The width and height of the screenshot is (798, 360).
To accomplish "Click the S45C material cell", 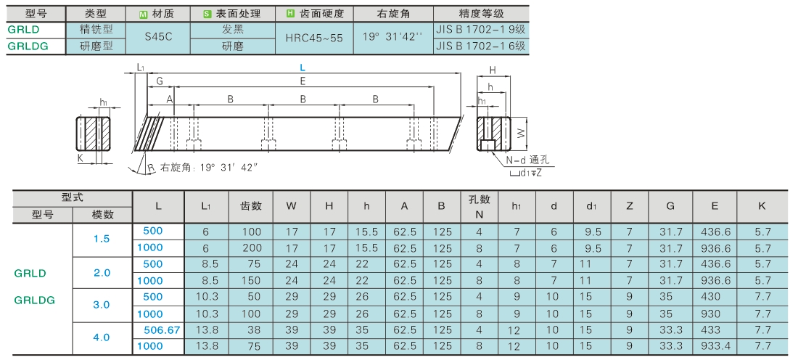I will pyautogui.click(x=158, y=37).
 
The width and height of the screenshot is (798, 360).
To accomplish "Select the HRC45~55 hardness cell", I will pyautogui.click(x=315, y=37).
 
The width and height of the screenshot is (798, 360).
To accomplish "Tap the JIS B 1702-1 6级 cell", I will pyautogui.click(x=480, y=46).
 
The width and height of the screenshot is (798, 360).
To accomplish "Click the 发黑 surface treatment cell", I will pyautogui.click(x=233, y=30).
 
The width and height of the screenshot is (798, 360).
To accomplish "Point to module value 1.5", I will pyautogui.click(x=102, y=239).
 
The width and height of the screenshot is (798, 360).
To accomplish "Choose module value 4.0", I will pyautogui.click(x=102, y=337).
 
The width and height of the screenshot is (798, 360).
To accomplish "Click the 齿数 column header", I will pyautogui.click(x=251, y=206).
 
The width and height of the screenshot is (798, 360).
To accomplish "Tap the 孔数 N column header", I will pyautogui.click(x=479, y=206).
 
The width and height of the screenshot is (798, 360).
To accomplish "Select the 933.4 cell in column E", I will pyautogui.click(x=715, y=346).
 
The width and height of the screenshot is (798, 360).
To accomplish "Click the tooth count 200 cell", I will pyautogui.click(x=251, y=247).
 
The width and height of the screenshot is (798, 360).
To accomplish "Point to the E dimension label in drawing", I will pyautogui.click(x=303, y=81).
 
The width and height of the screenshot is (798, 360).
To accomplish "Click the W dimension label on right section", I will pyautogui.click(x=520, y=133).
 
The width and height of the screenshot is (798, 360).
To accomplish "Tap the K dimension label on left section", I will pyautogui.click(x=81, y=157).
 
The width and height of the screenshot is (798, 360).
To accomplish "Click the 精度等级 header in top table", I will pyautogui.click(x=480, y=14).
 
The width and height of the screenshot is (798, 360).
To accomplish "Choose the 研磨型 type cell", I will pyautogui.click(x=96, y=46).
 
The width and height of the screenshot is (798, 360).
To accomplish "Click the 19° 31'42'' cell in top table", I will pyautogui.click(x=392, y=37).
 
